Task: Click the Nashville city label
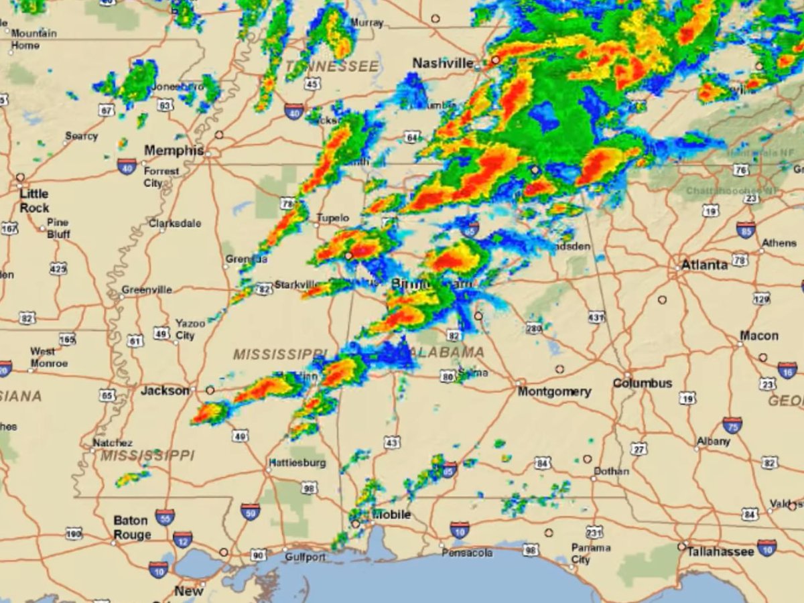tap(443, 63)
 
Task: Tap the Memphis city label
tap(174, 151)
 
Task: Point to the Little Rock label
tap(34, 200)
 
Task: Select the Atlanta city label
tap(704, 265)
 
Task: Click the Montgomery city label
tap(554, 391)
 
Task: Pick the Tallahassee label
tap(720, 551)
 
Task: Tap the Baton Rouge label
tap(132, 528)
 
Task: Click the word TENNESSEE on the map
tap(332, 67)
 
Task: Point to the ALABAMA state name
tap(449, 352)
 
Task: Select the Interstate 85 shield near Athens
tap(746, 230)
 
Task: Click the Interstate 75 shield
tap(732, 425)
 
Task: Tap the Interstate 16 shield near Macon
tap(787, 370)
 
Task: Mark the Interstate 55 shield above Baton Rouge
tap(165, 517)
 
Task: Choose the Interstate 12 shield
tap(182, 539)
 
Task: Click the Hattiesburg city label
tap(297, 463)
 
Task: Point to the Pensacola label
tap(467, 553)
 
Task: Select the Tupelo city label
tap(333, 218)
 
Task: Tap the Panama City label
tap(590, 553)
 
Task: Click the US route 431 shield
tap(596, 317)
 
